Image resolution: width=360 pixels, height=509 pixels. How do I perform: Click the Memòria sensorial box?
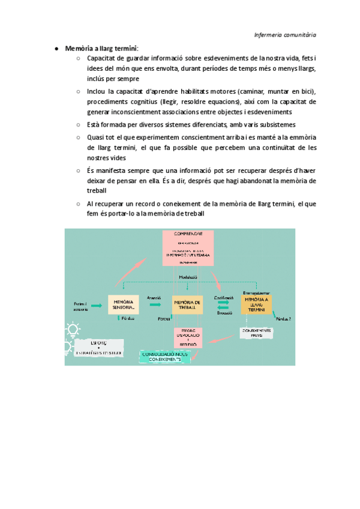[124, 305]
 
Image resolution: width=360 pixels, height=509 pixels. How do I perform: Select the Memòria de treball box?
[188, 305]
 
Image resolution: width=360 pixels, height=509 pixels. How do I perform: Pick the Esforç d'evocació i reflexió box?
[188, 338]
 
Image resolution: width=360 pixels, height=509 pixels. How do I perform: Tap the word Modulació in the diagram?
[188, 277]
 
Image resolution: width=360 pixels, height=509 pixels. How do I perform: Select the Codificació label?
[223, 298]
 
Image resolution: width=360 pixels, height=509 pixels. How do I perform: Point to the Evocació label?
[224, 313]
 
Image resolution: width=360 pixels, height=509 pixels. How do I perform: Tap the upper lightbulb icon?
[73, 329]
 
